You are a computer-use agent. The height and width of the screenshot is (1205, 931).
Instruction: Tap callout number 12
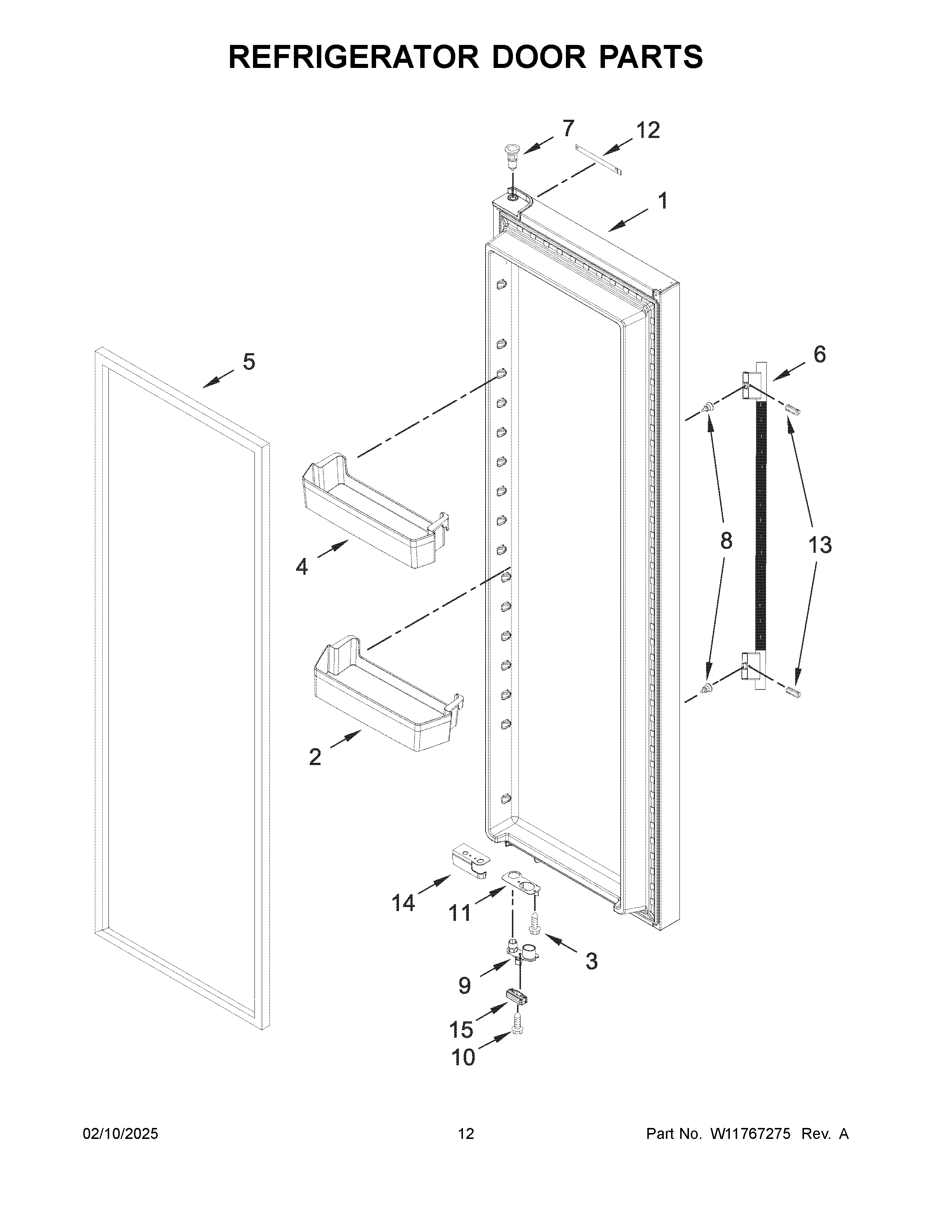pyautogui.click(x=648, y=131)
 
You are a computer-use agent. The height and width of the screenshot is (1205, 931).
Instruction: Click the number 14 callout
pyautogui.click(x=403, y=903)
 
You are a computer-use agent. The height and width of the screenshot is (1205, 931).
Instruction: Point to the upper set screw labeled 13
pyautogui.click(x=792, y=410)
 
